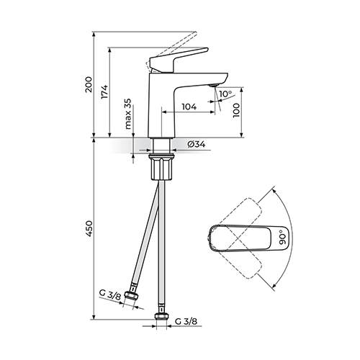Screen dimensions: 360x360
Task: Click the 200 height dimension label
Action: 89,84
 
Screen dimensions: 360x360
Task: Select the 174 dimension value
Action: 104,92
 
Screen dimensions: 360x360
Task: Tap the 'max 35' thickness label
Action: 128,114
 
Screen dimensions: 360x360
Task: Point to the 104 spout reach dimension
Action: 189,107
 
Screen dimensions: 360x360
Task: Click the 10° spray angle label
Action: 225,94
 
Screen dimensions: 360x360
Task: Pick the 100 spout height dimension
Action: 236,110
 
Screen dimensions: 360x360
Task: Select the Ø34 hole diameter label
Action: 197,144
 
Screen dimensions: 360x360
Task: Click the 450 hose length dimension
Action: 89,229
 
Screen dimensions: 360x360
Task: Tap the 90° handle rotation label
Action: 282,237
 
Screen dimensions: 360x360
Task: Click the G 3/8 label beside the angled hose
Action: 110,294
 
